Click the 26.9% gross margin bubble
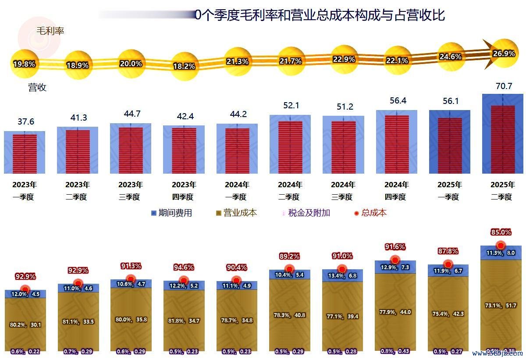click(504, 53)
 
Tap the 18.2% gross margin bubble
click(184, 66)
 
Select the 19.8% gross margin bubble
click(24, 64)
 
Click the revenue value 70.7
click(504, 86)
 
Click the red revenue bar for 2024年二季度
click(290, 147)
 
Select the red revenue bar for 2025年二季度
click(503, 139)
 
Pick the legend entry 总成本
click(370, 213)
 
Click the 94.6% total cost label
click(184, 267)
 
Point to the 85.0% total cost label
click(501, 232)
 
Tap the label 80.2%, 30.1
click(25, 324)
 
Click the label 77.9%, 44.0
click(395, 312)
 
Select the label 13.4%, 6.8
click(342, 276)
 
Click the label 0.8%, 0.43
click(395, 351)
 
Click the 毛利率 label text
click(50, 31)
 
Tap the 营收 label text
click(37, 87)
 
